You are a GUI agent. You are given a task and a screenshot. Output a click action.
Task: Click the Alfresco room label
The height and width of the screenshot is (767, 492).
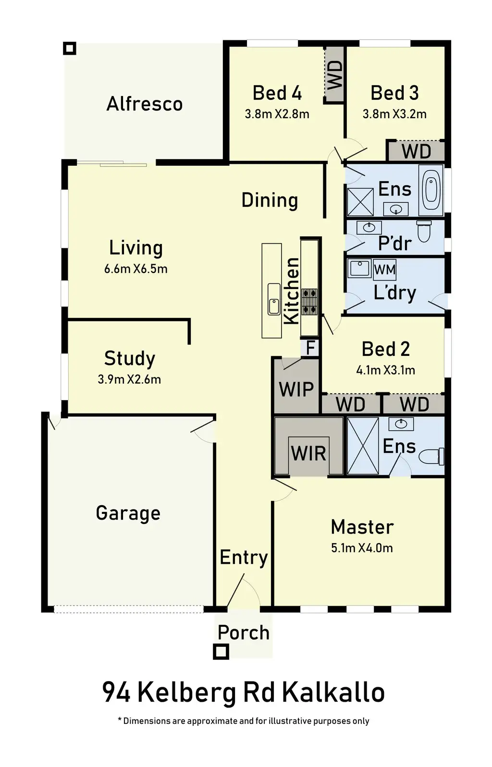point(144,104)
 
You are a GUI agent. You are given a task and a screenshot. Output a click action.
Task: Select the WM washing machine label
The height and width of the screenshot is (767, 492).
point(385,269)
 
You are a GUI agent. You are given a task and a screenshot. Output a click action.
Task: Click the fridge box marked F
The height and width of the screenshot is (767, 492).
point(310,347)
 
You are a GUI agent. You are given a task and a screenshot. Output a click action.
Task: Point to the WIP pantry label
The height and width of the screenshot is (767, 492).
point(296,389)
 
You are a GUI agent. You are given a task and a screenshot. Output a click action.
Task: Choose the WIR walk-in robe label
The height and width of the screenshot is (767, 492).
point(308,453)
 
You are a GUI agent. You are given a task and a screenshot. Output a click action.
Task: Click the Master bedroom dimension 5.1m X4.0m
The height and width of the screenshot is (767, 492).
point(362,548)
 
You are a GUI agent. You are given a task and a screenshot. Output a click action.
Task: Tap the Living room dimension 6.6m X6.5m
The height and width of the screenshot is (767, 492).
point(135,268)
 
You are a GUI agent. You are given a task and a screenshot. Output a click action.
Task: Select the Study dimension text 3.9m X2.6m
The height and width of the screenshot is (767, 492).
point(129,379)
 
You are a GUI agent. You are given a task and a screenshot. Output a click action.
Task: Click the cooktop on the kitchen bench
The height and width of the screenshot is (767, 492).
point(309,300)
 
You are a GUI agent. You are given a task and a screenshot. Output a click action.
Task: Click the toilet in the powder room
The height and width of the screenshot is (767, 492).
point(424,231)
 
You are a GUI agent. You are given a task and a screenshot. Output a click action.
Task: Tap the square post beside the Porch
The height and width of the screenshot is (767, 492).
point(221,652)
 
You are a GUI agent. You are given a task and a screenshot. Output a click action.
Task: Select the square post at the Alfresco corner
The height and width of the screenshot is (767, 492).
point(70,48)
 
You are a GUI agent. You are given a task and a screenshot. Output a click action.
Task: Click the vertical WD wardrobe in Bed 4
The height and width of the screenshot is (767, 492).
point(334,74)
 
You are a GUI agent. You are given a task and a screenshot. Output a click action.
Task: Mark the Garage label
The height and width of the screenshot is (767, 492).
point(128,513)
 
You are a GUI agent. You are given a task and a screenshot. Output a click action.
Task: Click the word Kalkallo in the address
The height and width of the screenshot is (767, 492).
point(333,693)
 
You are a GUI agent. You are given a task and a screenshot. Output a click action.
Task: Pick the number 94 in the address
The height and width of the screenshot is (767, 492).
point(116,693)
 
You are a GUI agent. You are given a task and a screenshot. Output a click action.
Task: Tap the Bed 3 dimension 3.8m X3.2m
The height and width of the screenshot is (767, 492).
point(394,114)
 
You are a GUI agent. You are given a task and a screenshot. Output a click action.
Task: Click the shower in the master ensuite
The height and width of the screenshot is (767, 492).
point(363,446)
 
